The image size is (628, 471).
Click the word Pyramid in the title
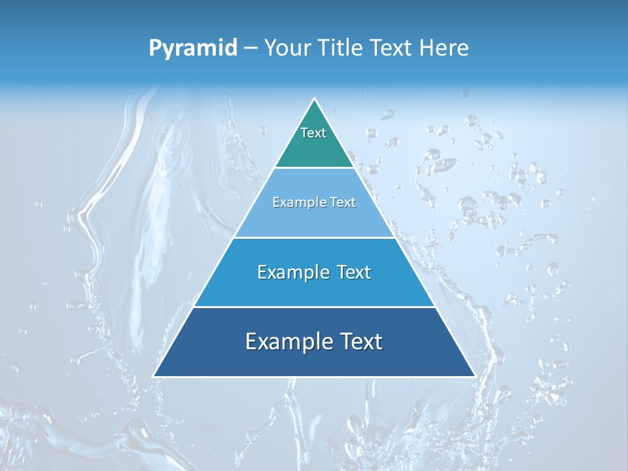pos(193,48)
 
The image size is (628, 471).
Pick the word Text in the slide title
pos(392,48)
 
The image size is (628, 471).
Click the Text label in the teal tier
pos(313,133)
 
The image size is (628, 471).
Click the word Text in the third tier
pos(351,272)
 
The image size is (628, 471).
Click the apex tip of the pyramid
pos(315,99)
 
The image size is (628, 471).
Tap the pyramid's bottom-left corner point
pos(154,376)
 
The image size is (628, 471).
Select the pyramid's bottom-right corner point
pos(475,376)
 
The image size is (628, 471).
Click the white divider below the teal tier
pos(315,168)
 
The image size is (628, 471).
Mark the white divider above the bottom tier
pos(315,307)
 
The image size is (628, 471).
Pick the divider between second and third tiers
pos(315,237)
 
